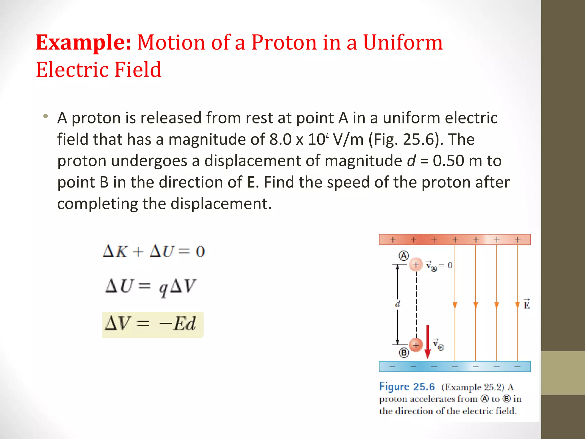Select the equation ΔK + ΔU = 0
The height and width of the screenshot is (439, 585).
[x=154, y=252]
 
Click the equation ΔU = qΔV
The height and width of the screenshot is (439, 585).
[x=151, y=286]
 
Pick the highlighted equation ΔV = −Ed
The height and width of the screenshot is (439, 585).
[x=153, y=325]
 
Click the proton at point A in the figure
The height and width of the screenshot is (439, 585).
[x=416, y=265]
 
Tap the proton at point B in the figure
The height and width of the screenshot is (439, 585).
[x=416, y=345]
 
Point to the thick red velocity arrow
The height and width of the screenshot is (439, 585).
[x=427, y=341]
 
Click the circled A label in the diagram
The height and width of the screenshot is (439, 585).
[x=404, y=256]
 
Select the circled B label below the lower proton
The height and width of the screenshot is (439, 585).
[x=404, y=353]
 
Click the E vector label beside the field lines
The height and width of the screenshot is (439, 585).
[x=526, y=304]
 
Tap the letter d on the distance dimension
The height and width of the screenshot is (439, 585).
[x=398, y=304]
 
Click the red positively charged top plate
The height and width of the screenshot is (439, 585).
[x=454, y=240]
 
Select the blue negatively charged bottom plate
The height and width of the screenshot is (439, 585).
[x=454, y=366]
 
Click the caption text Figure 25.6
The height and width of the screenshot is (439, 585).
[x=407, y=387]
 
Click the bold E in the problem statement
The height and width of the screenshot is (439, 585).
[x=251, y=182]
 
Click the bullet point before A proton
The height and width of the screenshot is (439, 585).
[x=45, y=116]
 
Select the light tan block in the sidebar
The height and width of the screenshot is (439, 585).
[x=563, y=373]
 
